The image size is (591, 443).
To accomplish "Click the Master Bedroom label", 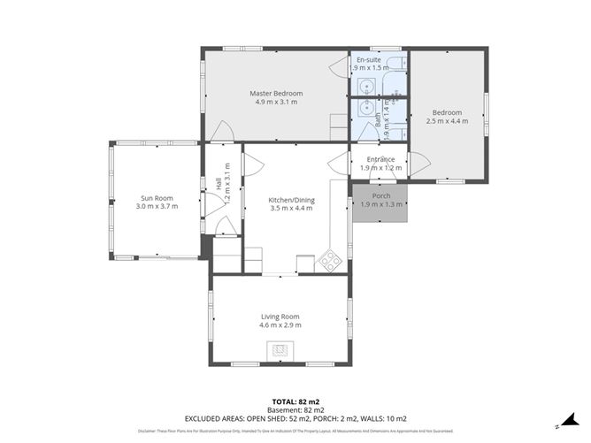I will pos(275,93).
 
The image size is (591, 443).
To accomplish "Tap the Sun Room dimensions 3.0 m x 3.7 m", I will pos(157,206).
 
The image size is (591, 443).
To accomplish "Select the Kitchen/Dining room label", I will pos(291,200).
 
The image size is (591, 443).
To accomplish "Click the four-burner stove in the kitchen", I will pos(330,261).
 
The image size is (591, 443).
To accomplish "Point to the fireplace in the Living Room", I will pos(280,350).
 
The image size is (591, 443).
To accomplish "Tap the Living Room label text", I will pos(280,317).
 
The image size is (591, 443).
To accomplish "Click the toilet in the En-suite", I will pos(395,87).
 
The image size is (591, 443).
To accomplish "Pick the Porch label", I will pos(380,195).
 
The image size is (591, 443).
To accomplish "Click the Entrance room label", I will pos(380,159).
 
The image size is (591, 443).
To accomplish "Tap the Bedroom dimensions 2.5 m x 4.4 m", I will pos(447,121).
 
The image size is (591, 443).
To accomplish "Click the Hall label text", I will pos(219,186).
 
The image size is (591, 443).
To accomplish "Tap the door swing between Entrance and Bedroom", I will pos(416,164).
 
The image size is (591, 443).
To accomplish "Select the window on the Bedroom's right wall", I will pos(486,115).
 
